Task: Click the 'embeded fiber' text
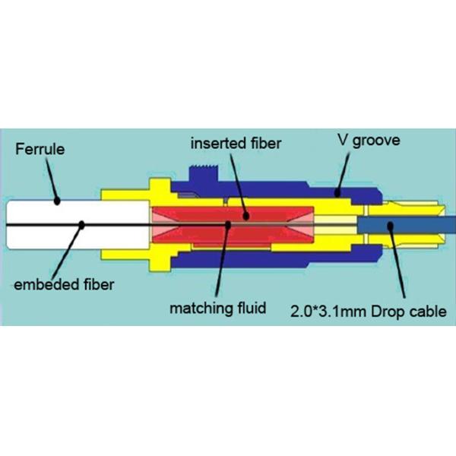click(x=65, y=284)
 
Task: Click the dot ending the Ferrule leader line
click(x=57, y=201)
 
